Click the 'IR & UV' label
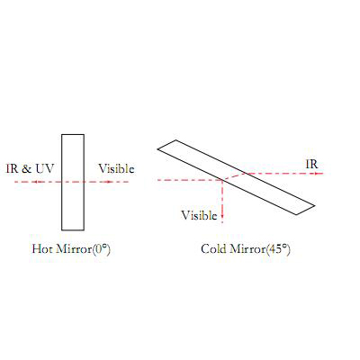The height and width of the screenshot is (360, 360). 30,168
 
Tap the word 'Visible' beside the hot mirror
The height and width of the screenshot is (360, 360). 116,169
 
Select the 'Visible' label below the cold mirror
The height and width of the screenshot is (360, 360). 199,215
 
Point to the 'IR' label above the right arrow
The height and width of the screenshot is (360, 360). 311,164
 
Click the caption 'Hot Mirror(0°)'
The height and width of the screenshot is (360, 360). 71,249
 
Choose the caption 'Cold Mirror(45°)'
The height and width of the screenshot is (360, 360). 246,249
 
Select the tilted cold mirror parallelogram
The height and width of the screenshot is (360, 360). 236,177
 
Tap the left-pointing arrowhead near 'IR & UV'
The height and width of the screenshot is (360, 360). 35,182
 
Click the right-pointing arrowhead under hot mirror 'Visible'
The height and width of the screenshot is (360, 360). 109,182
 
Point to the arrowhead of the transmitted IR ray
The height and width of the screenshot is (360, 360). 316,174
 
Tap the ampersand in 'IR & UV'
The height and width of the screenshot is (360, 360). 26,169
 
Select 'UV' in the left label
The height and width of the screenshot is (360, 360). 45,169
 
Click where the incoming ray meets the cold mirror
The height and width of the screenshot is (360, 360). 222,180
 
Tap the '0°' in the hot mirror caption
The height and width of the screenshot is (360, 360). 102,249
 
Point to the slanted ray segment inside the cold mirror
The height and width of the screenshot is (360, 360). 234,176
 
